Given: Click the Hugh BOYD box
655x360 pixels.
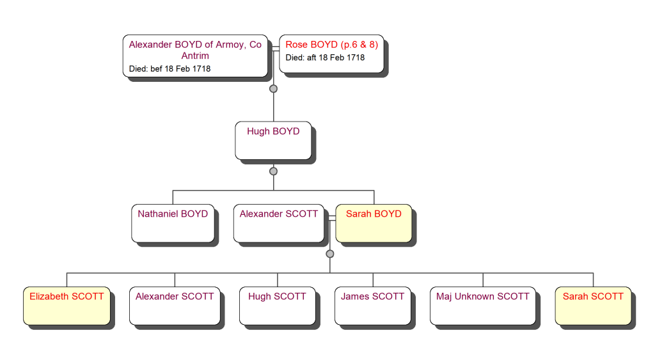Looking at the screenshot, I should [273, 140].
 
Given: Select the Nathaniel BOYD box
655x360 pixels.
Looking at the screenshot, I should [173, 223].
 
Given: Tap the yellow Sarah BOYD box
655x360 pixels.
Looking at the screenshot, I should [374, 223].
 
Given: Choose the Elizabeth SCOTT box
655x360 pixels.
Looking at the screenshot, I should [67, 305].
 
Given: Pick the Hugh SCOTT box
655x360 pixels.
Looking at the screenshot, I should [277, 305].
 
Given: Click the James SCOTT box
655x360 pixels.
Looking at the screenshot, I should [373, 305].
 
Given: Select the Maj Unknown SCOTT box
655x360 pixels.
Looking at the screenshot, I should [483, 305].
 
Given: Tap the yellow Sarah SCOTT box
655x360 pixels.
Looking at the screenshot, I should [593, 305].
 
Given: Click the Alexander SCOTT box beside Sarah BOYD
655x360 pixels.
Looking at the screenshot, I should [279, 223].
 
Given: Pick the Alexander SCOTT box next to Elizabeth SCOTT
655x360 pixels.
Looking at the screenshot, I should [175, 305].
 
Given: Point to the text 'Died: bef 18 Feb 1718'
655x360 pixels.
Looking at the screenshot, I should [170, 68].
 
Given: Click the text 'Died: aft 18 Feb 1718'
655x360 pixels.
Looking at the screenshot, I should [325, 58].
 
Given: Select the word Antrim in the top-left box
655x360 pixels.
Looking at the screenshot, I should [195, 56].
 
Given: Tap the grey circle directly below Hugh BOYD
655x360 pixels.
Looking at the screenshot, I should [273, 171].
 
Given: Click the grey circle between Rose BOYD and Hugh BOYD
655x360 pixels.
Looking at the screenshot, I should [273, 89].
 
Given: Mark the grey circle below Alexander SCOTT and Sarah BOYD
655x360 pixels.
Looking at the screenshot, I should [329, 254].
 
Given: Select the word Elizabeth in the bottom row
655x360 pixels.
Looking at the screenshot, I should [50, 297].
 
